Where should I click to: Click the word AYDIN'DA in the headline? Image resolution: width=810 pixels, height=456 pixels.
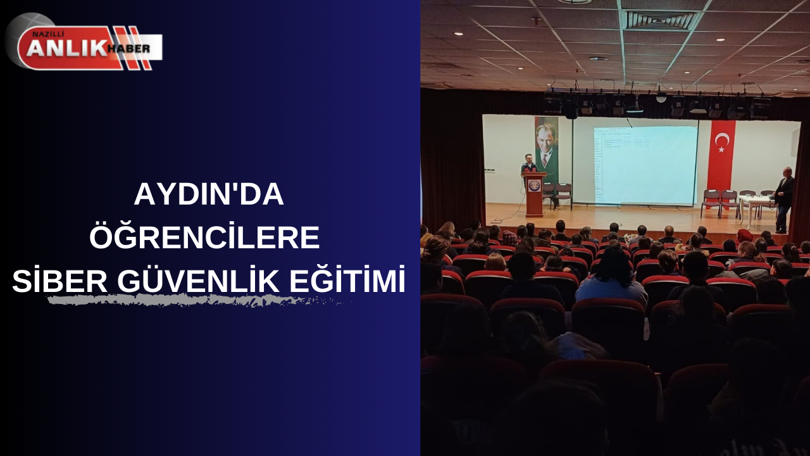(208, 196)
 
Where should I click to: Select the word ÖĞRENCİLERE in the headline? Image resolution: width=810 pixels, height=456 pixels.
(204, 237)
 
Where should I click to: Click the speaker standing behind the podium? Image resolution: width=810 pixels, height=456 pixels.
(528, 164)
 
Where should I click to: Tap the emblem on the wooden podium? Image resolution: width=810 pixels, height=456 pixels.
(535, 186)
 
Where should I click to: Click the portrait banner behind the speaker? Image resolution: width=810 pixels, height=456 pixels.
(546, 148)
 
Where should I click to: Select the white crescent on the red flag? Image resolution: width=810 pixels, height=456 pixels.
(720, 141)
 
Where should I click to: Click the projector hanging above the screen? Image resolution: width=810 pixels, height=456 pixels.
(634, 104)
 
